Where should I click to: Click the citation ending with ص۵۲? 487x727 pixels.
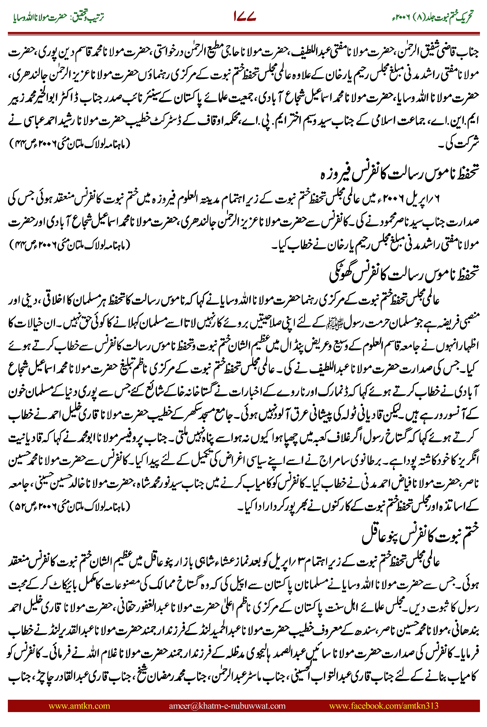point(70,507)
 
